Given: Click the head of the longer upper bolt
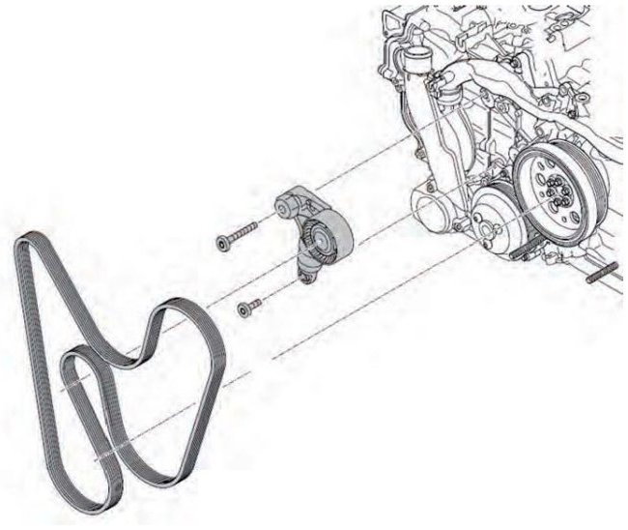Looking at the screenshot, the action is tap(222, 244).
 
